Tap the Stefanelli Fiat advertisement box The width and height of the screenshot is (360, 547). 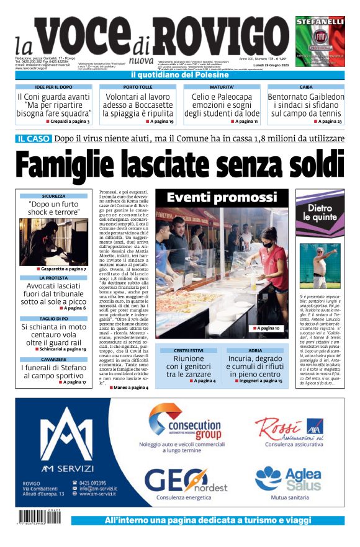coord(320,41)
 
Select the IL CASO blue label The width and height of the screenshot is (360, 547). coord(34,138)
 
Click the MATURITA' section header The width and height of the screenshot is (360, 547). coord(222,87)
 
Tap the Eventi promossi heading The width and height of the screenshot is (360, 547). coord(222,198)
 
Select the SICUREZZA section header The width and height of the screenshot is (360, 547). coord(53,196)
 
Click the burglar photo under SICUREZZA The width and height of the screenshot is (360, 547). coord(53,241)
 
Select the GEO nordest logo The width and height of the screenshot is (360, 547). coord(186,481)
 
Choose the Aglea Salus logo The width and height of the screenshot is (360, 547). coord(288,479)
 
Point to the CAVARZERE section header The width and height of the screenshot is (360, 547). coord(53,360)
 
